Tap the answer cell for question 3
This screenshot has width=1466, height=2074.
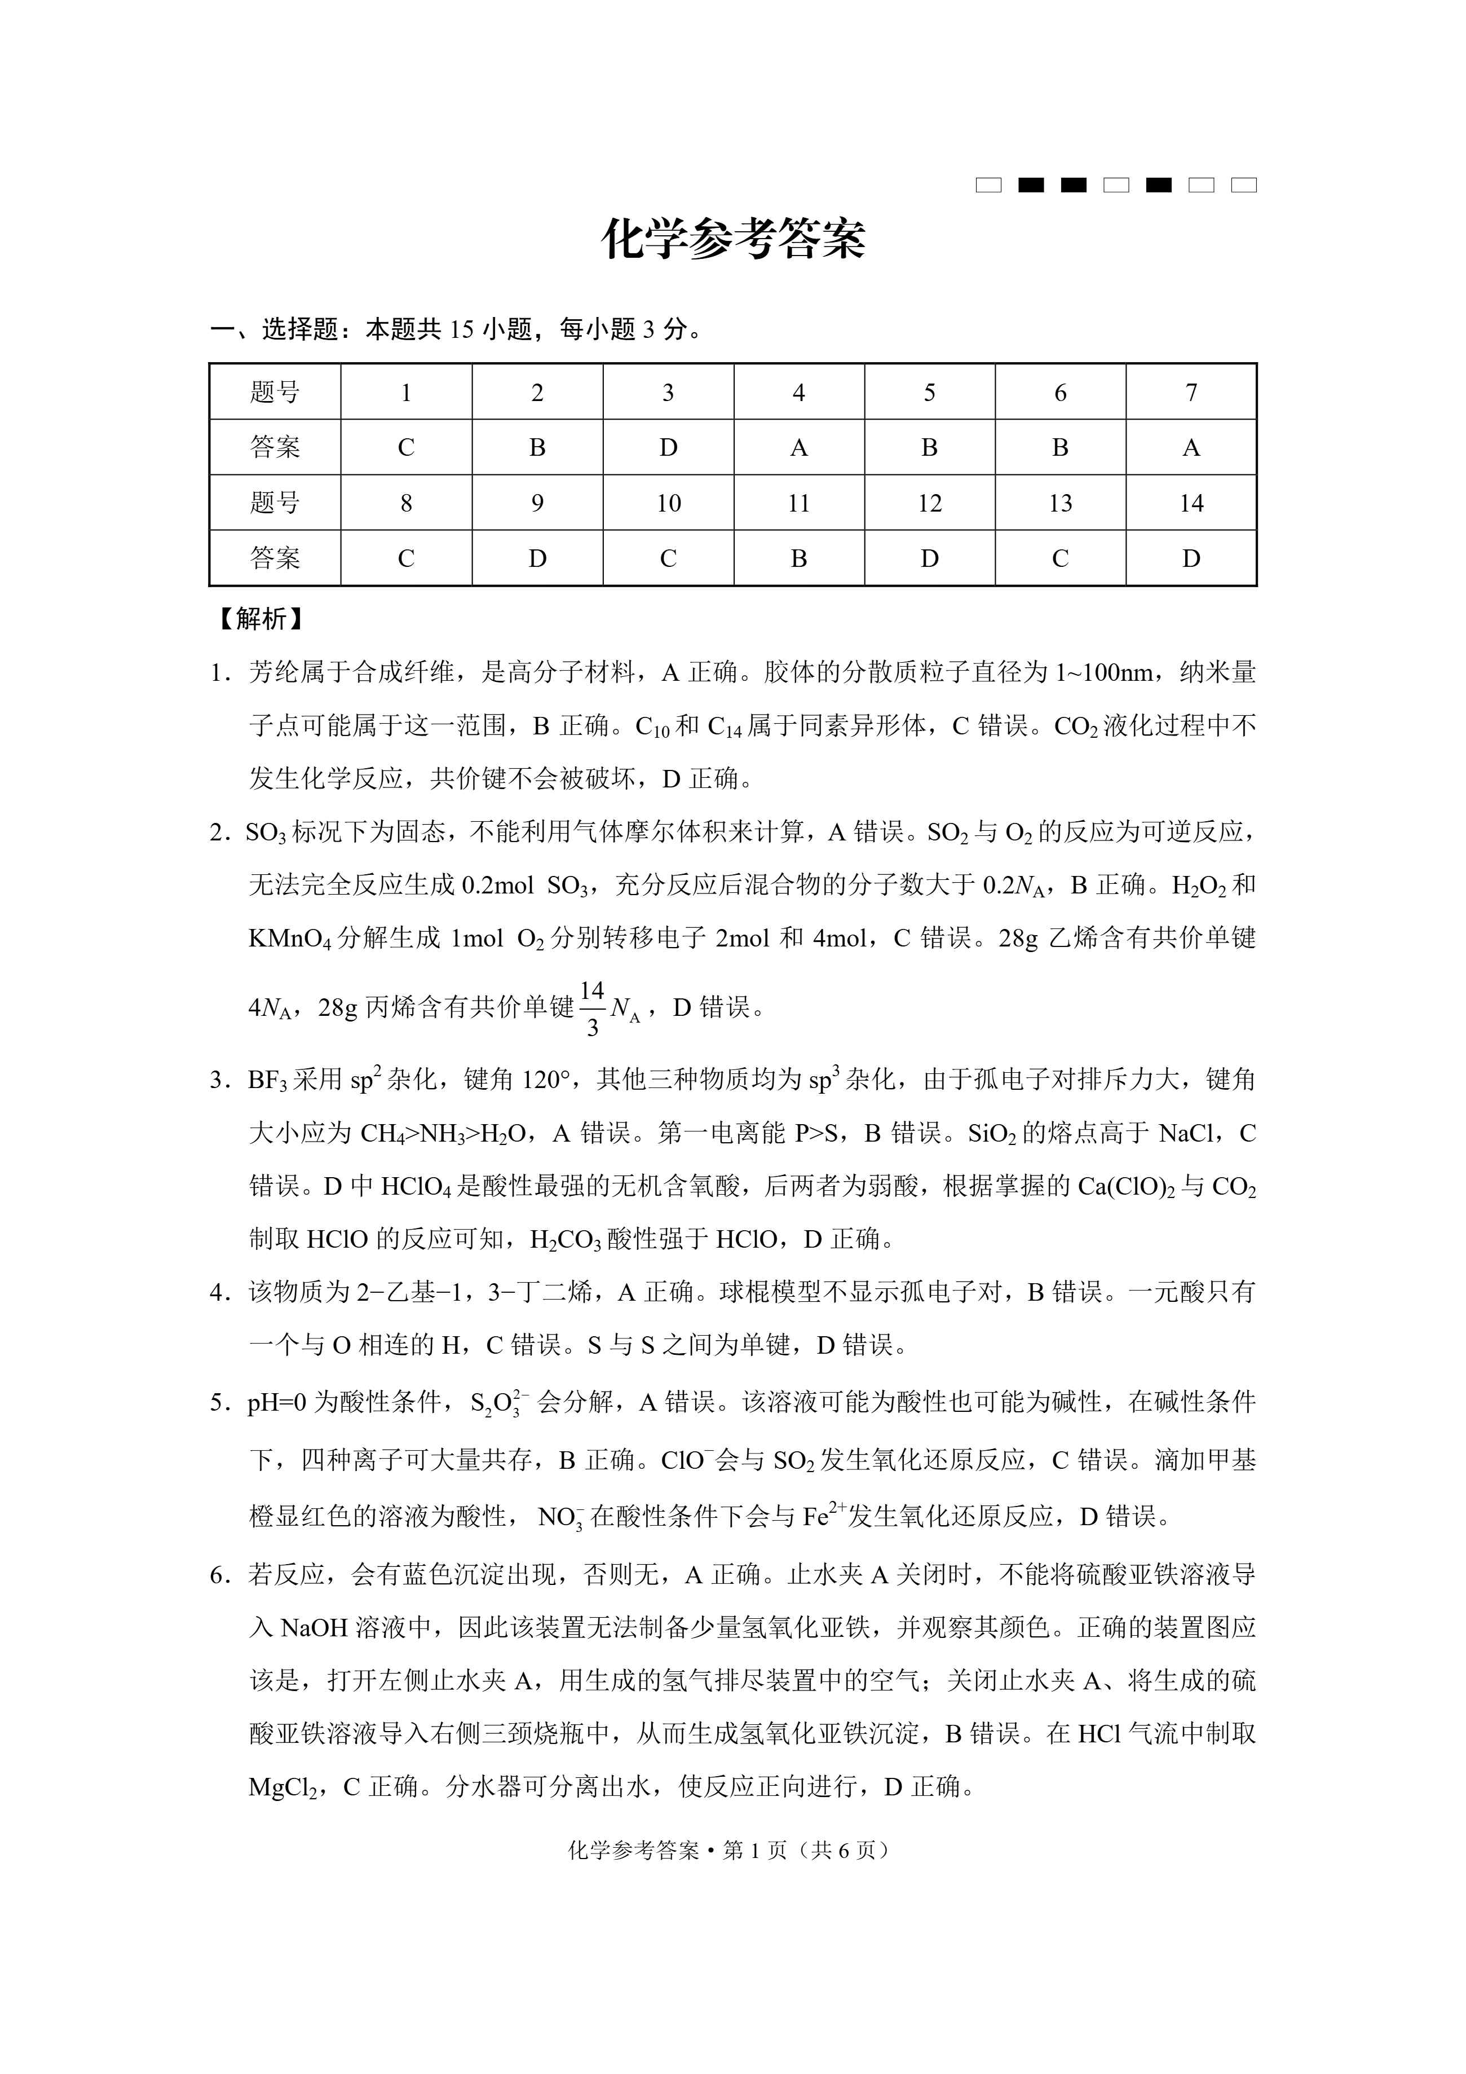(668, 447)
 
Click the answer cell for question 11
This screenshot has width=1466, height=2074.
(798, 558)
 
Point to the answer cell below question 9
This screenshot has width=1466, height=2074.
(537, 558)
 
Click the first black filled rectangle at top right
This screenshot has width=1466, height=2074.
(1031, 185)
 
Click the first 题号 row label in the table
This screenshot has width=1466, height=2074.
(275, 392)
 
